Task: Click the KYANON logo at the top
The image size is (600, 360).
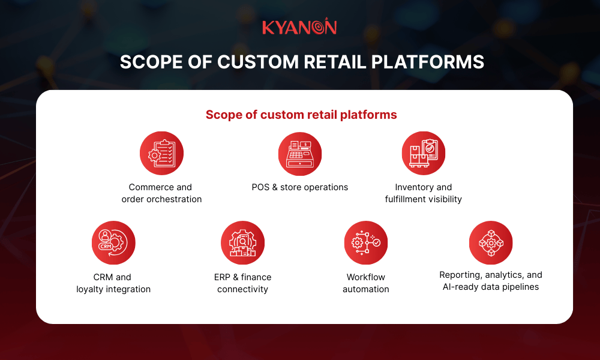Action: tap(299, 27)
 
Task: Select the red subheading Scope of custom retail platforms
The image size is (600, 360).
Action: tap(301, 115)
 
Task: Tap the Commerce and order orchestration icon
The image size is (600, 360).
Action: tap(161, 154)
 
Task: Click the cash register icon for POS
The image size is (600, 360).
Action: tap(300, 154)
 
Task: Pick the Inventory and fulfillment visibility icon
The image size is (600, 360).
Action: tap(423, 154)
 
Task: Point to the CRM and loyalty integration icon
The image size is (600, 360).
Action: tap(113, 243)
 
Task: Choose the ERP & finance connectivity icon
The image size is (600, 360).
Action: tap(242, 243)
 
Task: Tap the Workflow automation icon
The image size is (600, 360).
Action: tap(366, 243)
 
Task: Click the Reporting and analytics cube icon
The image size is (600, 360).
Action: tap(490, 243)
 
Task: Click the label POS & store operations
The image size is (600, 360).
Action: tap(300, 187)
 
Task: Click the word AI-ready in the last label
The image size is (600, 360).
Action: tap(457, 287)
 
